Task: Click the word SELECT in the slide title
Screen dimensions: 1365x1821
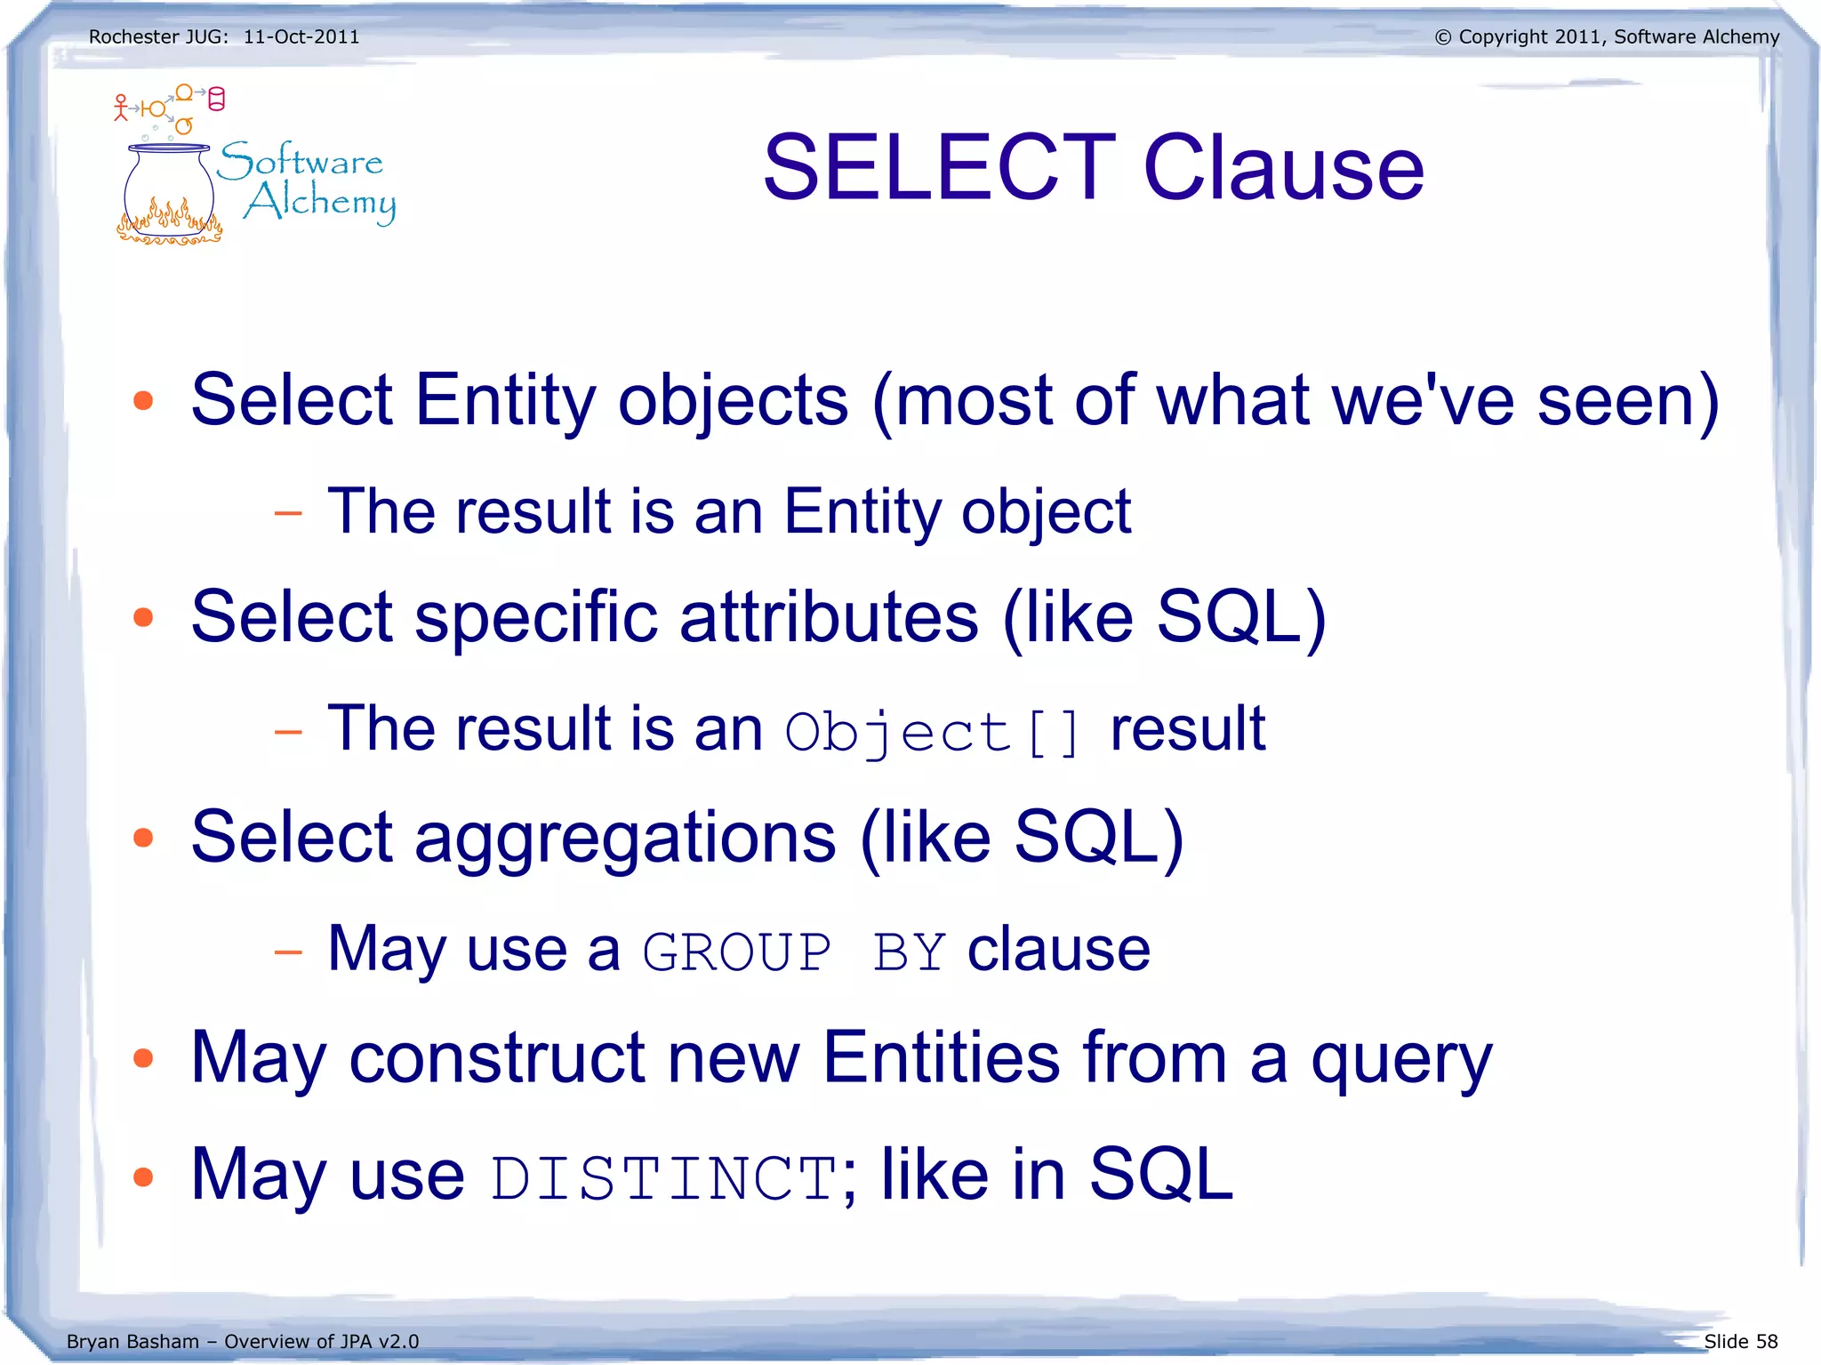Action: tap(939, 167)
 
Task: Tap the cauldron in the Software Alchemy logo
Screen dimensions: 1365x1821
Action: tap(169, 191)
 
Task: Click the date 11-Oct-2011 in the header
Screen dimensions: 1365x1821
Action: tap(301, 37)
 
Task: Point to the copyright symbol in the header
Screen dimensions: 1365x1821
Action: tap(1443, 37)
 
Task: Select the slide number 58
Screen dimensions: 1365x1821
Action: tap(1766, 1341)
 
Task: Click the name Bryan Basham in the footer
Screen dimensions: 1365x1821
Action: tap(132, 1341)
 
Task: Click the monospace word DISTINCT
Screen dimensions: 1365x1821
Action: tap(663, 1178)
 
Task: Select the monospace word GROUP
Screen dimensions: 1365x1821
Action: tap(736, 952)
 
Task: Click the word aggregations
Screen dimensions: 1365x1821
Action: tap(625, 839)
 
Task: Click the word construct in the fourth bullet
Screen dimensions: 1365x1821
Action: tap(497, 1057)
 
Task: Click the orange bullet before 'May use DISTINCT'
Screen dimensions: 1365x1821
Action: tap(143, 1176)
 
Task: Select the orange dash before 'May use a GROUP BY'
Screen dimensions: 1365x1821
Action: tap(288, 952)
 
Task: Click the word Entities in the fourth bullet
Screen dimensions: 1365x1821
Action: tap(941, 1057)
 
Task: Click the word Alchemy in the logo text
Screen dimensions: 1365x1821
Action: tap(320, 203)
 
